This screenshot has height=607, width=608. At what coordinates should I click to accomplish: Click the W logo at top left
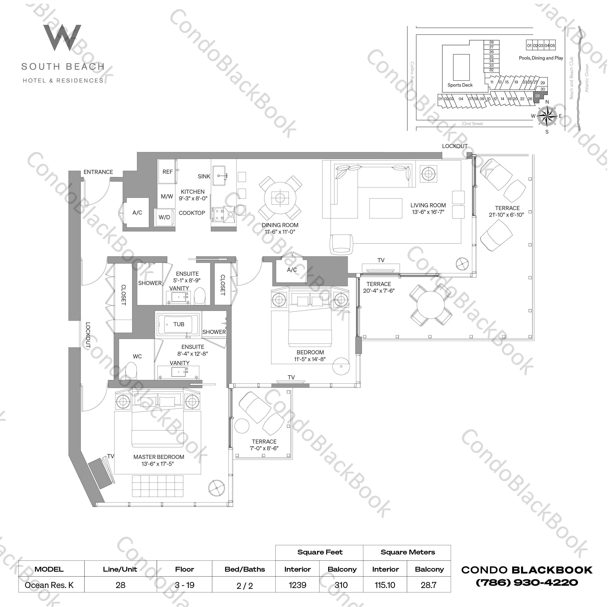pyautogui.click(x=62, y=38)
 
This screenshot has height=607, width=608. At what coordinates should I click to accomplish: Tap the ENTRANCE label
pyautogui.click(x=98, y=172)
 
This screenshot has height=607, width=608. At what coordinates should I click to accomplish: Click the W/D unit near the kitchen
pyautogui.click(x=164, y=217)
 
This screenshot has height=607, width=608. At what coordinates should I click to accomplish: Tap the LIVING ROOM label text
pyautogui.click(x=428, y=205)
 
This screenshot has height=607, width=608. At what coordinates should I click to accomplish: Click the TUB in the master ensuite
pyautogui.click(x=178, y=324)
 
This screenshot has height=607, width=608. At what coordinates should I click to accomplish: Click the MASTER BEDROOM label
pyautogui.click(x=159, y=457)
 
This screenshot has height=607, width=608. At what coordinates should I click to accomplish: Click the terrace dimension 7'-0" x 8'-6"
pyautogui.click(x=264, y=448)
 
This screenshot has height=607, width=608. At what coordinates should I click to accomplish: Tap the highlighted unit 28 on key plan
pyautogui.click(x=537, y=96)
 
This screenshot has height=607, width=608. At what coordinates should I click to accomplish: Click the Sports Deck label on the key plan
pyautogui.click(x=460, y=85)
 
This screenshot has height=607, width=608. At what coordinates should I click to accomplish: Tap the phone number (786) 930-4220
pyautogui.click(x=527, y=582)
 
